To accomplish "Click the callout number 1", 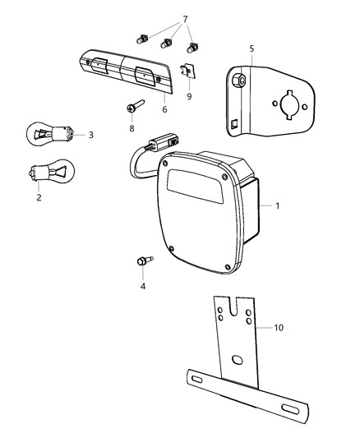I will [277, 205].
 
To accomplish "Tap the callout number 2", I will [38, 197].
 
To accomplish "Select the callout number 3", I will [90, 135].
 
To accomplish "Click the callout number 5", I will [252, 48].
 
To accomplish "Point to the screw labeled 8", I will [134, 107].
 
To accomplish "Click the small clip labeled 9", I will [188, 74].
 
